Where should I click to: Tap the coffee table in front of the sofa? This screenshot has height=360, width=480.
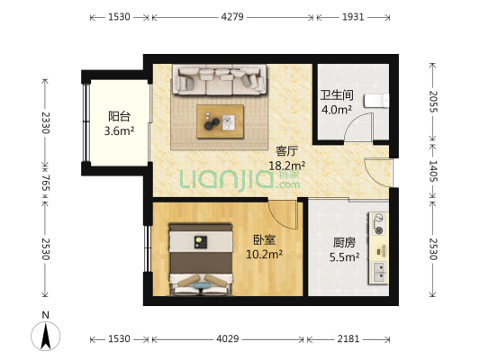tap(220, 119)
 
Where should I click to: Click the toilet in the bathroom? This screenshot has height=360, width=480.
tap(380, 100)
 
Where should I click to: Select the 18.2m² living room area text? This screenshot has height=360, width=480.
tap(288, 166)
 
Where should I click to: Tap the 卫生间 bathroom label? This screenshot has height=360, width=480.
tap(337, 95)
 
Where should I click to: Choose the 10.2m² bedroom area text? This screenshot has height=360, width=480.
tap(264, 255)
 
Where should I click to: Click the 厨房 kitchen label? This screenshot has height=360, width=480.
tap(345, 241)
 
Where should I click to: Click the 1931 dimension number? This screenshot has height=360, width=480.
tap(354, 17)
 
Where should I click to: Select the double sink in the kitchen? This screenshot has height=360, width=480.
tap(381, 268)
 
